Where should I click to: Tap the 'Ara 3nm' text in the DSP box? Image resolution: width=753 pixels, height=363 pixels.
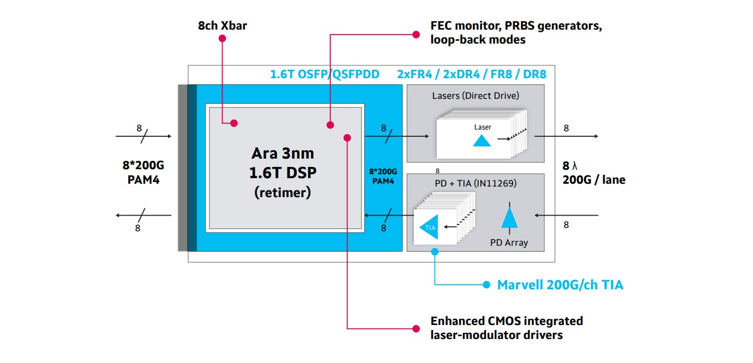click(282, 153)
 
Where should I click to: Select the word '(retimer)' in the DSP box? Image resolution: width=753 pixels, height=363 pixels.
click(282, 193)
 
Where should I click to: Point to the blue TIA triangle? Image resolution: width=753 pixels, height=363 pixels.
click(429, 227)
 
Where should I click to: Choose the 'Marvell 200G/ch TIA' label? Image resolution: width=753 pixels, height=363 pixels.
click(560, 285)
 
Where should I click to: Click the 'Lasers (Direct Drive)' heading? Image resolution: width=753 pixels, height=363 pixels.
click(475, 95)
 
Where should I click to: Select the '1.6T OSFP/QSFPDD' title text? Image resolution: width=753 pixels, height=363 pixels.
click(325, 74)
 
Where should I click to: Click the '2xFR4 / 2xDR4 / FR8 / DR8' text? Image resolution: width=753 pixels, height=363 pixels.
click(471, 74)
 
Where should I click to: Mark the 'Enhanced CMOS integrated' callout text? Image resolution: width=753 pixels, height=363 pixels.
click(506, 321)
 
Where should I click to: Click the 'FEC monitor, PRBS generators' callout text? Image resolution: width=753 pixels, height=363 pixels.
click(516, 26)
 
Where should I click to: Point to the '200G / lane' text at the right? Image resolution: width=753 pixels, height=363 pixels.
click(594, 180)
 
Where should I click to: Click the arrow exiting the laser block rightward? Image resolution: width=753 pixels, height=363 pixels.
click(566, 136)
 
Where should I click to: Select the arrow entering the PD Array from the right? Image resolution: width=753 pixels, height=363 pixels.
click(566, 215)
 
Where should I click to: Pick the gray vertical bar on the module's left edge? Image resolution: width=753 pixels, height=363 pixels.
click(182, 168)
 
